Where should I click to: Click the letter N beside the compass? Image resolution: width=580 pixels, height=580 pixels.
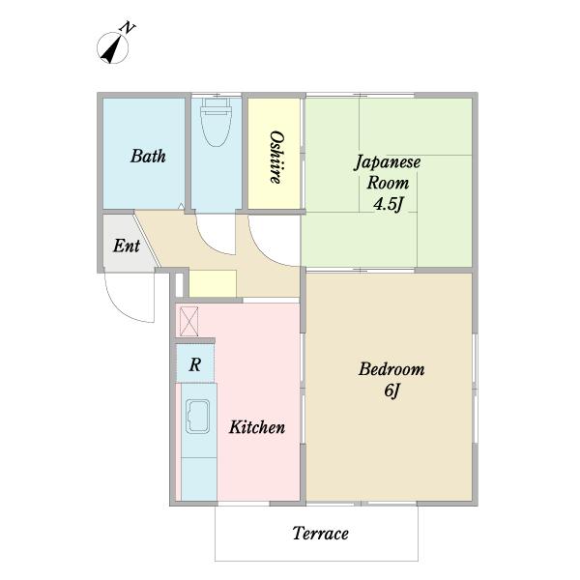click(x=128, y=28)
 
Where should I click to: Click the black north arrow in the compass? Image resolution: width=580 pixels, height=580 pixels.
click(x=112, y=49)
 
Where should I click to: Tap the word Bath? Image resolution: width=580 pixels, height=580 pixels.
click(x=148, y=156)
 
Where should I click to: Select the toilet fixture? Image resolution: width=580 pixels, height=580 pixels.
click(x=216, y=122)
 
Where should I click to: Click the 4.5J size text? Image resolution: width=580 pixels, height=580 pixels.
click(x=388, y=204)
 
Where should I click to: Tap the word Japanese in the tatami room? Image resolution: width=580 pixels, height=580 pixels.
click(x=388, y=163)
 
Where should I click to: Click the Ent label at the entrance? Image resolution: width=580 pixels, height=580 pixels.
click(x=126, y=246)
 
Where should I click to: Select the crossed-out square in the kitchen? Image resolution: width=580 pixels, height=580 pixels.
click(x=189, y=321)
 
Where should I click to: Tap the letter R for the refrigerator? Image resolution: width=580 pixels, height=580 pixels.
click(x=195, y=365)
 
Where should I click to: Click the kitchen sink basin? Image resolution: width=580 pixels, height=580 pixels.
click(x=197, y=417)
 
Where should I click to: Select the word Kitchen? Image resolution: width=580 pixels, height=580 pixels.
click(x=257, y=427)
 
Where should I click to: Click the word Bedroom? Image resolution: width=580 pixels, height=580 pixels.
click(x=391, y=369)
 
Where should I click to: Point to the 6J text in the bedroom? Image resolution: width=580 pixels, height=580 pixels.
click(x=391, y=391)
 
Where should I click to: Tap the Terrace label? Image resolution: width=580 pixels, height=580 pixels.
click(x=320, y=534)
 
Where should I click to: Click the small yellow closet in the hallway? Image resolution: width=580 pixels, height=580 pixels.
click(x=213, y=283)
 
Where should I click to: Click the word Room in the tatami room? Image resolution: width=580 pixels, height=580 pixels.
click(x=388, y=184)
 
